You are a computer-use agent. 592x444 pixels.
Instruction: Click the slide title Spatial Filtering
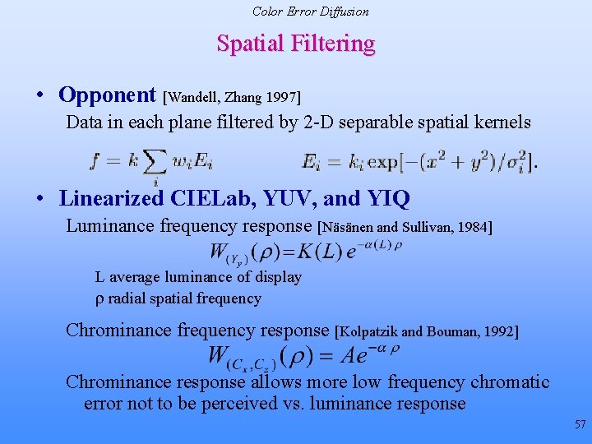point(296,44)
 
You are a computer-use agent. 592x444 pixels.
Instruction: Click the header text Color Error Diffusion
point(310,12)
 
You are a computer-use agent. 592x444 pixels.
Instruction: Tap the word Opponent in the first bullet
point(107,95)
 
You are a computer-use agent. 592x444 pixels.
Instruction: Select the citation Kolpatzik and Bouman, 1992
point(428,332)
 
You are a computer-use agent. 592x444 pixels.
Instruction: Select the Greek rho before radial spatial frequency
point(99,299)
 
